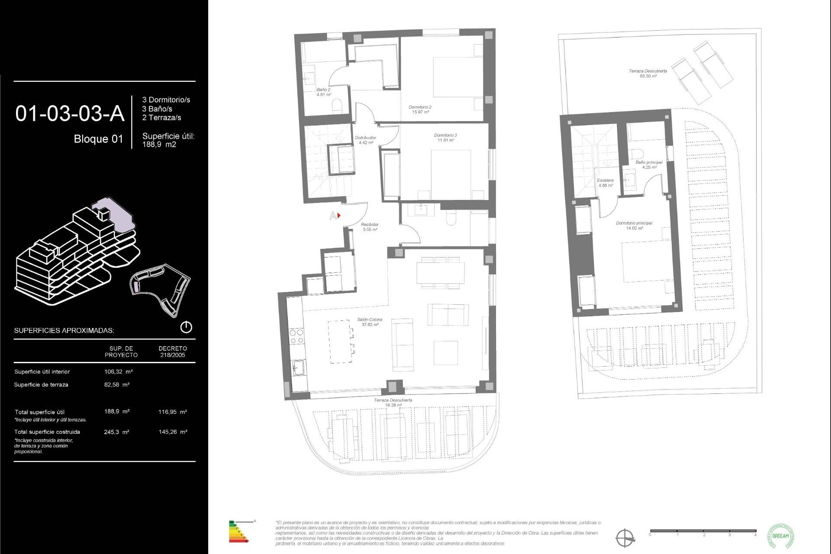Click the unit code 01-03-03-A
[70, 114]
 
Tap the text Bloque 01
[98, 139]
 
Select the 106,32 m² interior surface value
[118, 372]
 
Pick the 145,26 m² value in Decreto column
[173, 432]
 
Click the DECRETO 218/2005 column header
[173, 351]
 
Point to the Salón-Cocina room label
[370, 322]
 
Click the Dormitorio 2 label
[420, 109]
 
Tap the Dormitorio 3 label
[445, 138]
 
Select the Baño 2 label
[323, 92]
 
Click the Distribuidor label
[365, 140]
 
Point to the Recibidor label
[370, 227]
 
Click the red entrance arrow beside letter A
[339, 215]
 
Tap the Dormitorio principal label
[634, 225]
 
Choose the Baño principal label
[649, 164]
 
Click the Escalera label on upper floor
[605, 183]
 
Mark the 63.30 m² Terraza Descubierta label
[648, 73]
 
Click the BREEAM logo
[780, 536]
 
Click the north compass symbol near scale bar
[625, 538]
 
